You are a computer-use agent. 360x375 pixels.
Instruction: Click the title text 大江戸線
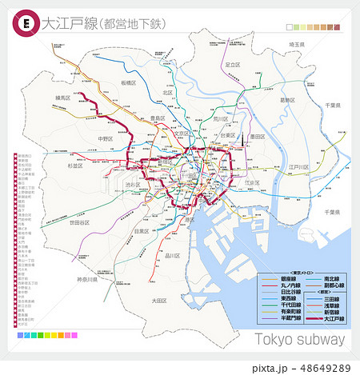click(x=64, y=25)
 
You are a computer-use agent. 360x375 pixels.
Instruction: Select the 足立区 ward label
click(x=233, y=64)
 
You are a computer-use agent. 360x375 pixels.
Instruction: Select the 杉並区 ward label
click(x=54, y=166)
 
